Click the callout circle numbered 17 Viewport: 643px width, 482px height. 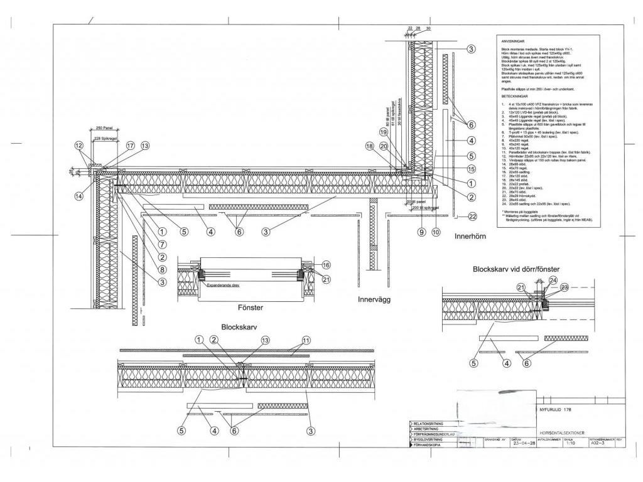(x=131, y=146)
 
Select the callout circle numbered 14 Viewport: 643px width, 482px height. (x=78, y=196)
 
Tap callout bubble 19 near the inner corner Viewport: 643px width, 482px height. (x=384, y=132)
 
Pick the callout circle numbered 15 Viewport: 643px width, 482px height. (x=471, y=169)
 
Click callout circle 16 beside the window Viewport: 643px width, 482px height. (x=326, y=265)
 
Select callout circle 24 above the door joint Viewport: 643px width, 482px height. (x=553, y=280)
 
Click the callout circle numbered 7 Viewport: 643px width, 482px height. (x=161, y=244)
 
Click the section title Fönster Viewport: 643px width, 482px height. (x=250, y=308)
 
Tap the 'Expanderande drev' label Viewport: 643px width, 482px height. (x=223, y=284)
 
